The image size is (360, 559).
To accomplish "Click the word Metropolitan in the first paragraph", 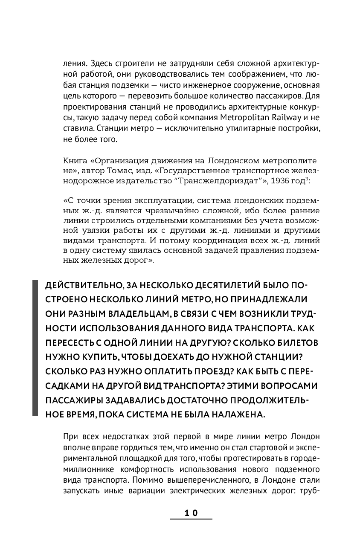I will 242,117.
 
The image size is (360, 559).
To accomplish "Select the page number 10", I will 191,513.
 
